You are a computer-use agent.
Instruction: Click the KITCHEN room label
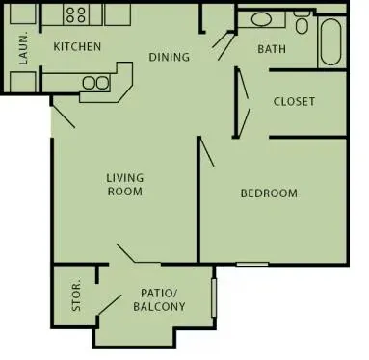[x=77, y=46]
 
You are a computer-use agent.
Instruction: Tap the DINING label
[x=169, y=57]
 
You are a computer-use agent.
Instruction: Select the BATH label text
[x=272, y=49]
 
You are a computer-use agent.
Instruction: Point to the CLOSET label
[x=294, y=102]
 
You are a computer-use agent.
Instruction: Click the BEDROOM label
[x=269, y=193]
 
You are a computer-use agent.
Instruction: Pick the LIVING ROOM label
[x=125, y=185]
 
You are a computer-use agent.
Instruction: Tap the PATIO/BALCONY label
[x=159, y=299]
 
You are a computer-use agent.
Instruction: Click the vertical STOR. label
[x=76, y=296]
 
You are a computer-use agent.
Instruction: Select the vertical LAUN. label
[x=23, y=48]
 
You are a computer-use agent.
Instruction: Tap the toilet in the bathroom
[x=302, y=22]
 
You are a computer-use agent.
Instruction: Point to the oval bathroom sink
[x=262, y=19]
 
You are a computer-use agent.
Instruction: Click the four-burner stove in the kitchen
[x=76, y=14]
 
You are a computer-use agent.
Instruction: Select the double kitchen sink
[x=95, y=83]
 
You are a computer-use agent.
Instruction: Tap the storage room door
[x=110, y=305]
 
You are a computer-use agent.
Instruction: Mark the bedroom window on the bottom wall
[x=252, y=264]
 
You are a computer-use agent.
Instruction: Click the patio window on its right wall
[x=214, y=297]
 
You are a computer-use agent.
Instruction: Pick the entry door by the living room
[x=64, y=114]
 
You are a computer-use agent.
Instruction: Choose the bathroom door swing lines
[x=224, y=45]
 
